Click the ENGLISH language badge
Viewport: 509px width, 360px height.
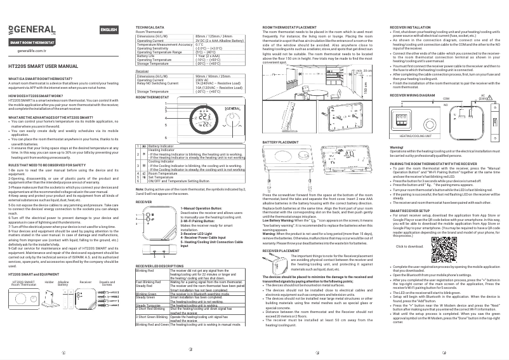click(x=109, y=30)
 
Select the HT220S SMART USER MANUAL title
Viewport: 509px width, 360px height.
click(x=44, y=66)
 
